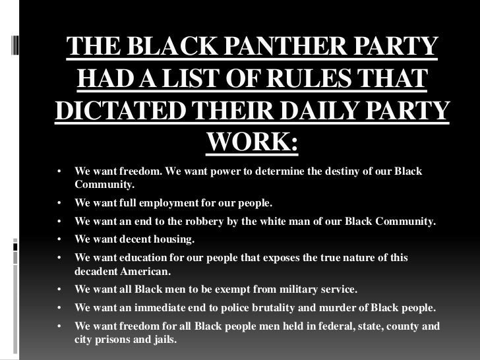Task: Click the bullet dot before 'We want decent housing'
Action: point(59,239)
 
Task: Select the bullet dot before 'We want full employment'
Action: point(59,203)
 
